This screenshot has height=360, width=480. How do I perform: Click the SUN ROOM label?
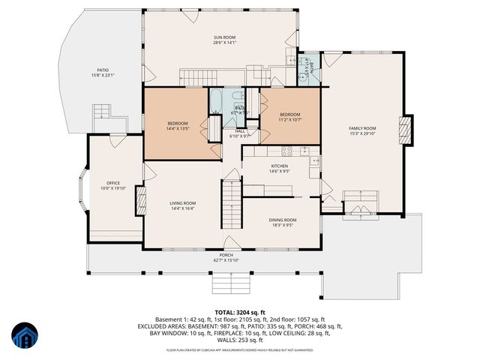pyautogui.click(x=224, y=37)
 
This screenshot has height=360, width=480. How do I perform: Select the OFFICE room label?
pyautogui.click(x=113, y=183)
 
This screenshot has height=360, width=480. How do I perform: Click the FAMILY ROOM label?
pyautogui.click(x=361, y=128)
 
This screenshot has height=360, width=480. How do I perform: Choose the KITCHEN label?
pyautogui.click(x=279, y=166)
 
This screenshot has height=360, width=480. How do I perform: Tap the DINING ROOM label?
pyautogui.click(x=283, y=220)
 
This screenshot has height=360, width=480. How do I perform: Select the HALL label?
pyautogui.click(x=240, y=131)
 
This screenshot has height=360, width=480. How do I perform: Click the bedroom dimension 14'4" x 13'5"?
pyautogui.click(x=178, y=128)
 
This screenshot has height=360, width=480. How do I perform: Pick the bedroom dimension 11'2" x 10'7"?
pyautogui.click(x=289, y=119)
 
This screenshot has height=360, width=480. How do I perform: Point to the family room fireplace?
pyautogui.click(x=406, y=130)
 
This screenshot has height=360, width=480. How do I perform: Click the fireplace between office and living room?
pyautogui.click(x=139, y=201)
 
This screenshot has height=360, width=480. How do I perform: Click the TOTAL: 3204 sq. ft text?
pyautogui.click(x=240, y=312)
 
